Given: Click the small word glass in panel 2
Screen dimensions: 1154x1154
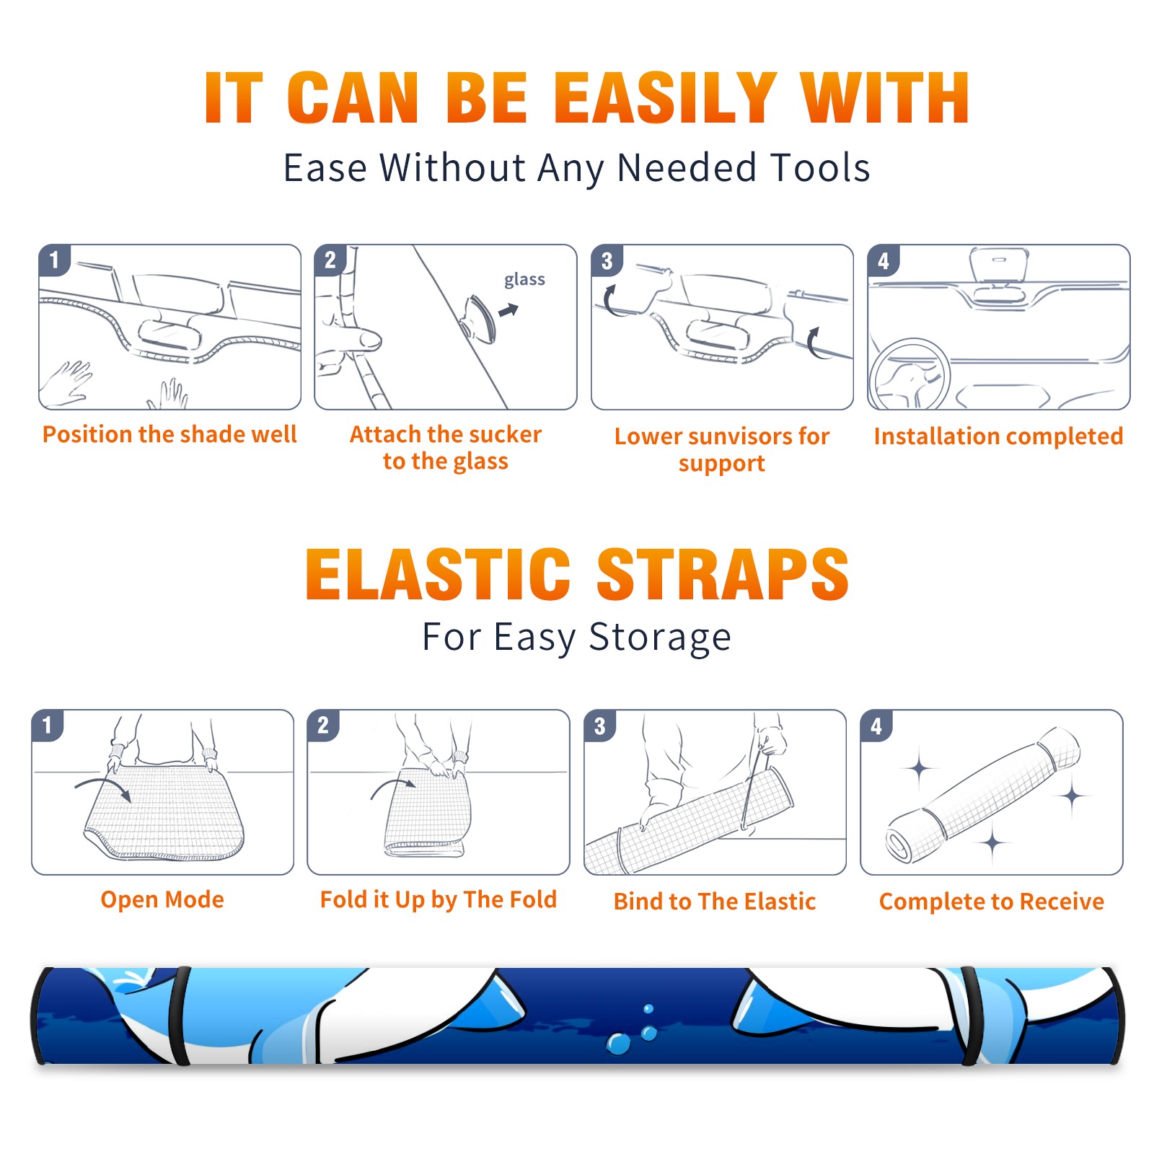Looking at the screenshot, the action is tap(524, 280).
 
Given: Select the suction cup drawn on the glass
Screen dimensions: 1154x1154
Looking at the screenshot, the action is tap(480, 317).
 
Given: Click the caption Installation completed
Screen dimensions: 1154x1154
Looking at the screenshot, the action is tap(998, 436).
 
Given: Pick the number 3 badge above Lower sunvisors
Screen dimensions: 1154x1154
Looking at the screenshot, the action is tap(607, 260).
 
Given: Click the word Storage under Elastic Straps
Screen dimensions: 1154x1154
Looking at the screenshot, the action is tap(660, 638).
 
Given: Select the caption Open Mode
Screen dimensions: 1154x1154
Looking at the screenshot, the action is tap(162, 899).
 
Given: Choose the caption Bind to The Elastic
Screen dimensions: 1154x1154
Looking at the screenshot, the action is tap(714, 902).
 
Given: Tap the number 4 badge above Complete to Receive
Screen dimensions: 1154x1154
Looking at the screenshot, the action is tap(876, 726).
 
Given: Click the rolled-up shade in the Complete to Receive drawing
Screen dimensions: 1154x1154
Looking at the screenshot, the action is tap(983, 794).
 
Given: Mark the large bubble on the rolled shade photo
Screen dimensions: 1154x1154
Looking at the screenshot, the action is tap(618, 1044).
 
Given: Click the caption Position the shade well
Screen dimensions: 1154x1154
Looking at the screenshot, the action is tap(169, 434).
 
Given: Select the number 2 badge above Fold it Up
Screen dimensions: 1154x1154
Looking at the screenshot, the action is tap(322, 726).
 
